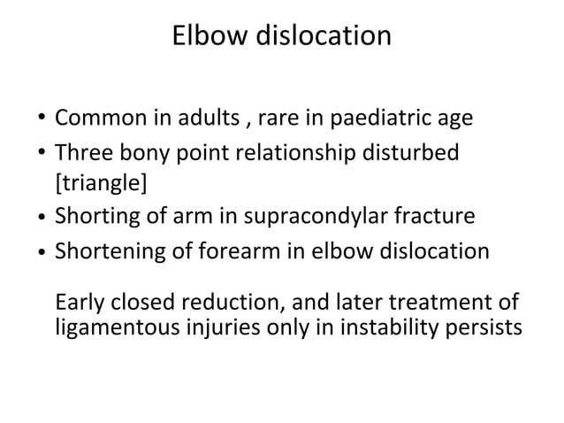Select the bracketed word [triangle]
(101, 184)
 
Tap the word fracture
(433, 217)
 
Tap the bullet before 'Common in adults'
(42, 119)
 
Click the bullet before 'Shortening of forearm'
(42, 253)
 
